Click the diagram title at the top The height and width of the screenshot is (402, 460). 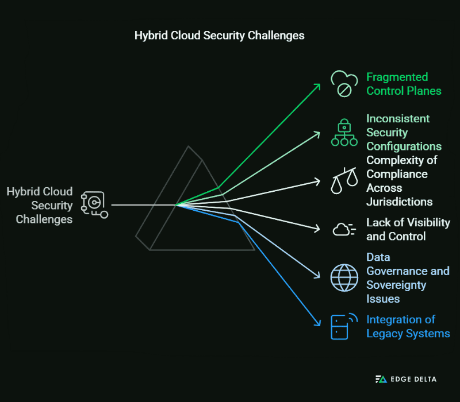point(219,36)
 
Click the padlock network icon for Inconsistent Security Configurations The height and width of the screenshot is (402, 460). point(344,133)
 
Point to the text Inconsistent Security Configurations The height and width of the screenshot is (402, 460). point(404,132)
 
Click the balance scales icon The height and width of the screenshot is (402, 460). point(344,181)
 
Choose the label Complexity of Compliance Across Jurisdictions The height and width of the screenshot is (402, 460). point(399,181)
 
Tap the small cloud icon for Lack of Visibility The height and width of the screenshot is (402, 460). point(344,229)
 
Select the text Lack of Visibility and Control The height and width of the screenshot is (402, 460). point(408,229)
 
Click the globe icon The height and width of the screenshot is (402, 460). point(344,277)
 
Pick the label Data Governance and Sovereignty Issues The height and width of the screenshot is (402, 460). point(408,277)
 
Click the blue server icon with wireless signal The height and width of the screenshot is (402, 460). point(344,326)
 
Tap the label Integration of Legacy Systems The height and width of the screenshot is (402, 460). point(408,326)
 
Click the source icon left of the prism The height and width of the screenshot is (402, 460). point(94,205)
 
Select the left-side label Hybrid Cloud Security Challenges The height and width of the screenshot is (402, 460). point(40,205)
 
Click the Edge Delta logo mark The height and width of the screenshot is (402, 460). point(381,379)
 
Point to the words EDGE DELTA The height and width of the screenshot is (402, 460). point(413,379)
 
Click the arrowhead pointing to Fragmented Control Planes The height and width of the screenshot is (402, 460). point(317,86)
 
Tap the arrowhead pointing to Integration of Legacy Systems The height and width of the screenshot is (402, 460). point(317,324)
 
